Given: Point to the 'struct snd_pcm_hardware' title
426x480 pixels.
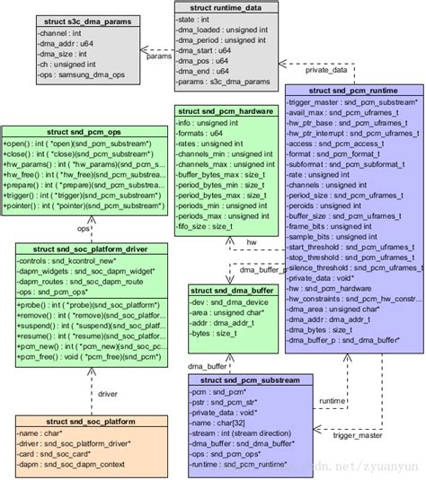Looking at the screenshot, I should click(225, 111).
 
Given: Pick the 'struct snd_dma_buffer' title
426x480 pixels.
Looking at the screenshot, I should click(230, 289).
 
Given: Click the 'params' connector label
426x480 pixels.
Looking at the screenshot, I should click(159, 56).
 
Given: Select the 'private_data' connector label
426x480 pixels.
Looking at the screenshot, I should click(325, 68).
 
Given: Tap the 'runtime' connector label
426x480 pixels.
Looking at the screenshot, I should click(333, 401).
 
